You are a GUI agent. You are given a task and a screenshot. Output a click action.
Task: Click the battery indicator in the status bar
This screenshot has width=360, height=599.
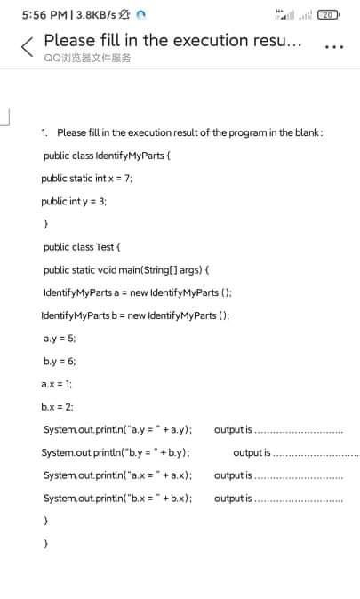pos(330,15)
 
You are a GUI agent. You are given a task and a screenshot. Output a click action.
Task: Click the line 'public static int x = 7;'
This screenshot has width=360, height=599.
pos(86,178)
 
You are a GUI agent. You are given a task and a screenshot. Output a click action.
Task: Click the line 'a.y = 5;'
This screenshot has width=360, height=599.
pos(59,338)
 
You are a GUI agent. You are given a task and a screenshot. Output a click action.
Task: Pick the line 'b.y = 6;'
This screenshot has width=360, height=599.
pos(59,361)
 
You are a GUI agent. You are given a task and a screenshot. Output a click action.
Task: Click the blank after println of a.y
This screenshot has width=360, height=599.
pos(300,430)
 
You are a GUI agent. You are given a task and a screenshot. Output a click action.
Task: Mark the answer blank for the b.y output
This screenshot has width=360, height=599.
pos(316,453)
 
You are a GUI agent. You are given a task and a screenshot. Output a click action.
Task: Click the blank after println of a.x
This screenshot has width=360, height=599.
pos(300,475)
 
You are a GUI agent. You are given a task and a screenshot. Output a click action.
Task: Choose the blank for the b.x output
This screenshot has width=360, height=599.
pos(300,499)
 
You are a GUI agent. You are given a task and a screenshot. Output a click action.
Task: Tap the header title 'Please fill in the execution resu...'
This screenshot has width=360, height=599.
pos(174,40)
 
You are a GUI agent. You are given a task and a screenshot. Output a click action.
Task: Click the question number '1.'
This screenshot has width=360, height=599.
pos(45,132)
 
